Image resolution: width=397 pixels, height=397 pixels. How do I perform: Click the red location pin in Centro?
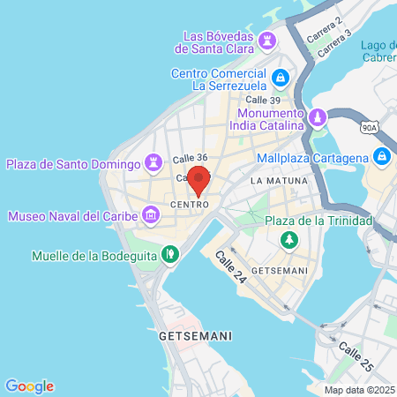click(198, 179)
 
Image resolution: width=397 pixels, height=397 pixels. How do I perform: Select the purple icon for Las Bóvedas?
click(266, 41)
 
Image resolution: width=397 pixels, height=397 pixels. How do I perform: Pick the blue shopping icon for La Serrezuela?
click(280, 79)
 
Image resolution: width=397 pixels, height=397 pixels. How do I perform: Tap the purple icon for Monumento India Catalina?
click(317, 117)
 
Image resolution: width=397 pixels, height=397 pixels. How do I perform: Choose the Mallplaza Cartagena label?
click(311, 158)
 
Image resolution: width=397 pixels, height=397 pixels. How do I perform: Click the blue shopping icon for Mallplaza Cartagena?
click(382, 157)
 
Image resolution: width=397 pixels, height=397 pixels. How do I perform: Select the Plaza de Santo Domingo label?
click(73, 163)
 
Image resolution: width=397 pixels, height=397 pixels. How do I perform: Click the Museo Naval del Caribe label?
click(73, 215)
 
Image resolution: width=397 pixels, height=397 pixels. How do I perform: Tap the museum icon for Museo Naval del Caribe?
click(152, 214)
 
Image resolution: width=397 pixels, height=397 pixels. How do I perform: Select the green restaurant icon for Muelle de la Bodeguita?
click(171, 255)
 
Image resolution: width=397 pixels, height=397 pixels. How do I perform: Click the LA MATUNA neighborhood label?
click(279, 180)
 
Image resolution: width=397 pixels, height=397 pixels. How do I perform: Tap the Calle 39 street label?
click(263, 100)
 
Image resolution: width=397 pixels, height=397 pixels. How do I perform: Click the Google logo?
click(29, 386)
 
